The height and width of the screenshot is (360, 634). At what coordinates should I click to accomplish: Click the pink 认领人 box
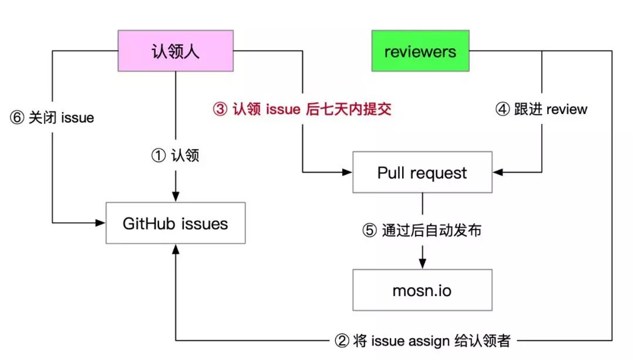(x=176, y=51)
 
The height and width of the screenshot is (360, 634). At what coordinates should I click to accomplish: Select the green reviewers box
(x=420, y=51)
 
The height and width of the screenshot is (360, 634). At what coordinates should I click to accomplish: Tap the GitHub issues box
(x=176, y=223)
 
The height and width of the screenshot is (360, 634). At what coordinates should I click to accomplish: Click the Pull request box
(x=423, y=172)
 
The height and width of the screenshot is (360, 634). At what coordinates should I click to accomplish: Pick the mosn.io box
(x=423, y=290)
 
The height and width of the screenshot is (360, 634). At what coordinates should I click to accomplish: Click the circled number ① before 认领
(x=158, y=155)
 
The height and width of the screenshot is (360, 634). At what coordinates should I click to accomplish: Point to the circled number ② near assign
(x=342, y=341)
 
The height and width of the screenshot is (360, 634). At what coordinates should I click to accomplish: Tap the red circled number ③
(x=220, y=109)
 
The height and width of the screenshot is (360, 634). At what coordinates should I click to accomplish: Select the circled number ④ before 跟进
(x=503, y=109)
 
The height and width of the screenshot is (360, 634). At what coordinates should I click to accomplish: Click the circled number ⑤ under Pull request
(x=370, y=231)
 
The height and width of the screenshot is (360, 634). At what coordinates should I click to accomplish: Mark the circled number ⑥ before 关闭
(x=17, y=117)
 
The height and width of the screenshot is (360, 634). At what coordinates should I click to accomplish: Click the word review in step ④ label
(x=566, y=109)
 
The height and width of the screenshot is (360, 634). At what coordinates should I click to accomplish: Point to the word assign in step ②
(x=429, y=341)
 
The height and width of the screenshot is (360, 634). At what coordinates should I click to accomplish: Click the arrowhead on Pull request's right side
(x=498, y=172)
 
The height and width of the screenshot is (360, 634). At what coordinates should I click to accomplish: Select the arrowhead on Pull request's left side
(x=348, y=172)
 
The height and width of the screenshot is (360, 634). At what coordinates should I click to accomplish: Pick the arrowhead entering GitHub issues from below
(x=176, y=249)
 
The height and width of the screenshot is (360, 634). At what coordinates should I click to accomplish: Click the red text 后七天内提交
(x=349, y=109)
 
